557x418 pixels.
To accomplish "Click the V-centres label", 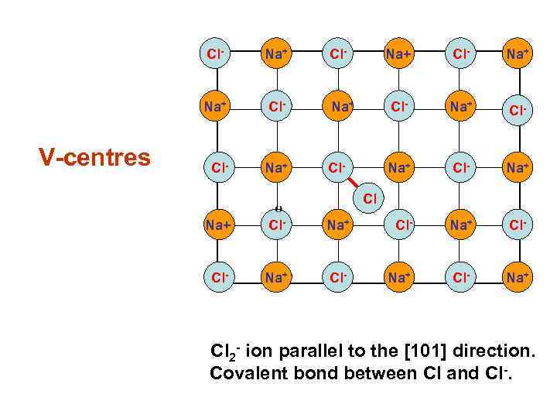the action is coord(95,158).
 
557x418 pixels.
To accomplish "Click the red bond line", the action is coord(354,182).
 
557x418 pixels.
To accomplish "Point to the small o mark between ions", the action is coord(278,207).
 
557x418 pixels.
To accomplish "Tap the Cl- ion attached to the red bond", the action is coord(337,166).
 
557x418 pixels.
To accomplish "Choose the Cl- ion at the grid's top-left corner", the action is coord(215,54).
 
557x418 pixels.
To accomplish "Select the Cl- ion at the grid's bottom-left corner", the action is coord(215,278).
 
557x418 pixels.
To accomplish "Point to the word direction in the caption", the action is coord(493,352).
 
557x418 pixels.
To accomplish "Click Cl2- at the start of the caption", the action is coord(224,353).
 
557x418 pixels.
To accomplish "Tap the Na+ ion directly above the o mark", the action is coord(276,166).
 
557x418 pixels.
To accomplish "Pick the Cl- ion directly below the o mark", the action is coord(276,225).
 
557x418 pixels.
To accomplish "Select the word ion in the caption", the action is coord(254,352).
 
